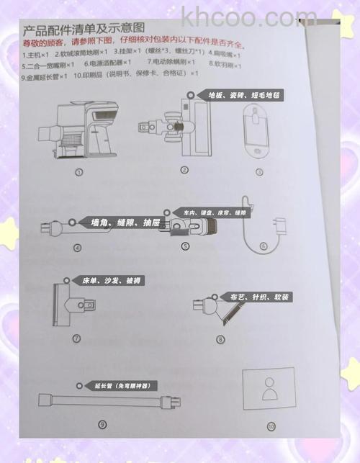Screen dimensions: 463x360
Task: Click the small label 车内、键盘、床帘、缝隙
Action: [215, 213]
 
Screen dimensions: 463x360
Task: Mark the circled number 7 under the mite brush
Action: [76, 337]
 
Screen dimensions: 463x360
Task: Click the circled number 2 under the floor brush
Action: [184, 171]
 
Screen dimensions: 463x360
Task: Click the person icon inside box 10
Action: [269, 390]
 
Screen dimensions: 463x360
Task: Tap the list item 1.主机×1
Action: [35, 54]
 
